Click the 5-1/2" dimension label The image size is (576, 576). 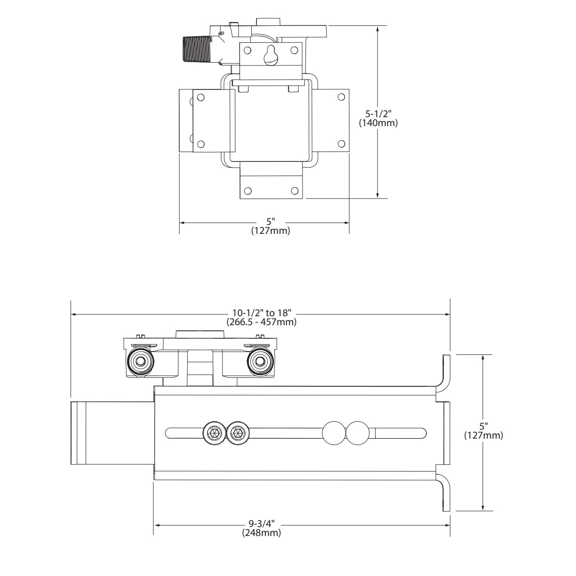click(x=378, y=114)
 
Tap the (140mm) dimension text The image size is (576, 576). click(x=378, y=123)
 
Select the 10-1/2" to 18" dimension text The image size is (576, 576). click(x=262, y=313)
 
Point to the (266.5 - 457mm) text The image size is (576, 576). click(x=262, y=322)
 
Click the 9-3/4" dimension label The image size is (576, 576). click(x=262, y=524)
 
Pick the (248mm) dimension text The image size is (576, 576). click(x=262, y=533)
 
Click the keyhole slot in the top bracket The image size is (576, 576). click(x=271, y=55)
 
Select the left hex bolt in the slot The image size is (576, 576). click(x=214, y=433)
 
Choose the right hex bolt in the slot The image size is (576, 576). click(x=238, y=433)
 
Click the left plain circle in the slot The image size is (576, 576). click(x=334, y=433)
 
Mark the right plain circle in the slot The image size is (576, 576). click(x=358, y=433)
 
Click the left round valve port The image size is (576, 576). click(x=140, y=361)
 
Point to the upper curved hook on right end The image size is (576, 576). click(x=445, y=374)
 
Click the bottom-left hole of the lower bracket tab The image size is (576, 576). click(x=248, y=191)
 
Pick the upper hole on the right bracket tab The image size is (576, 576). click(x=341, y=97)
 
